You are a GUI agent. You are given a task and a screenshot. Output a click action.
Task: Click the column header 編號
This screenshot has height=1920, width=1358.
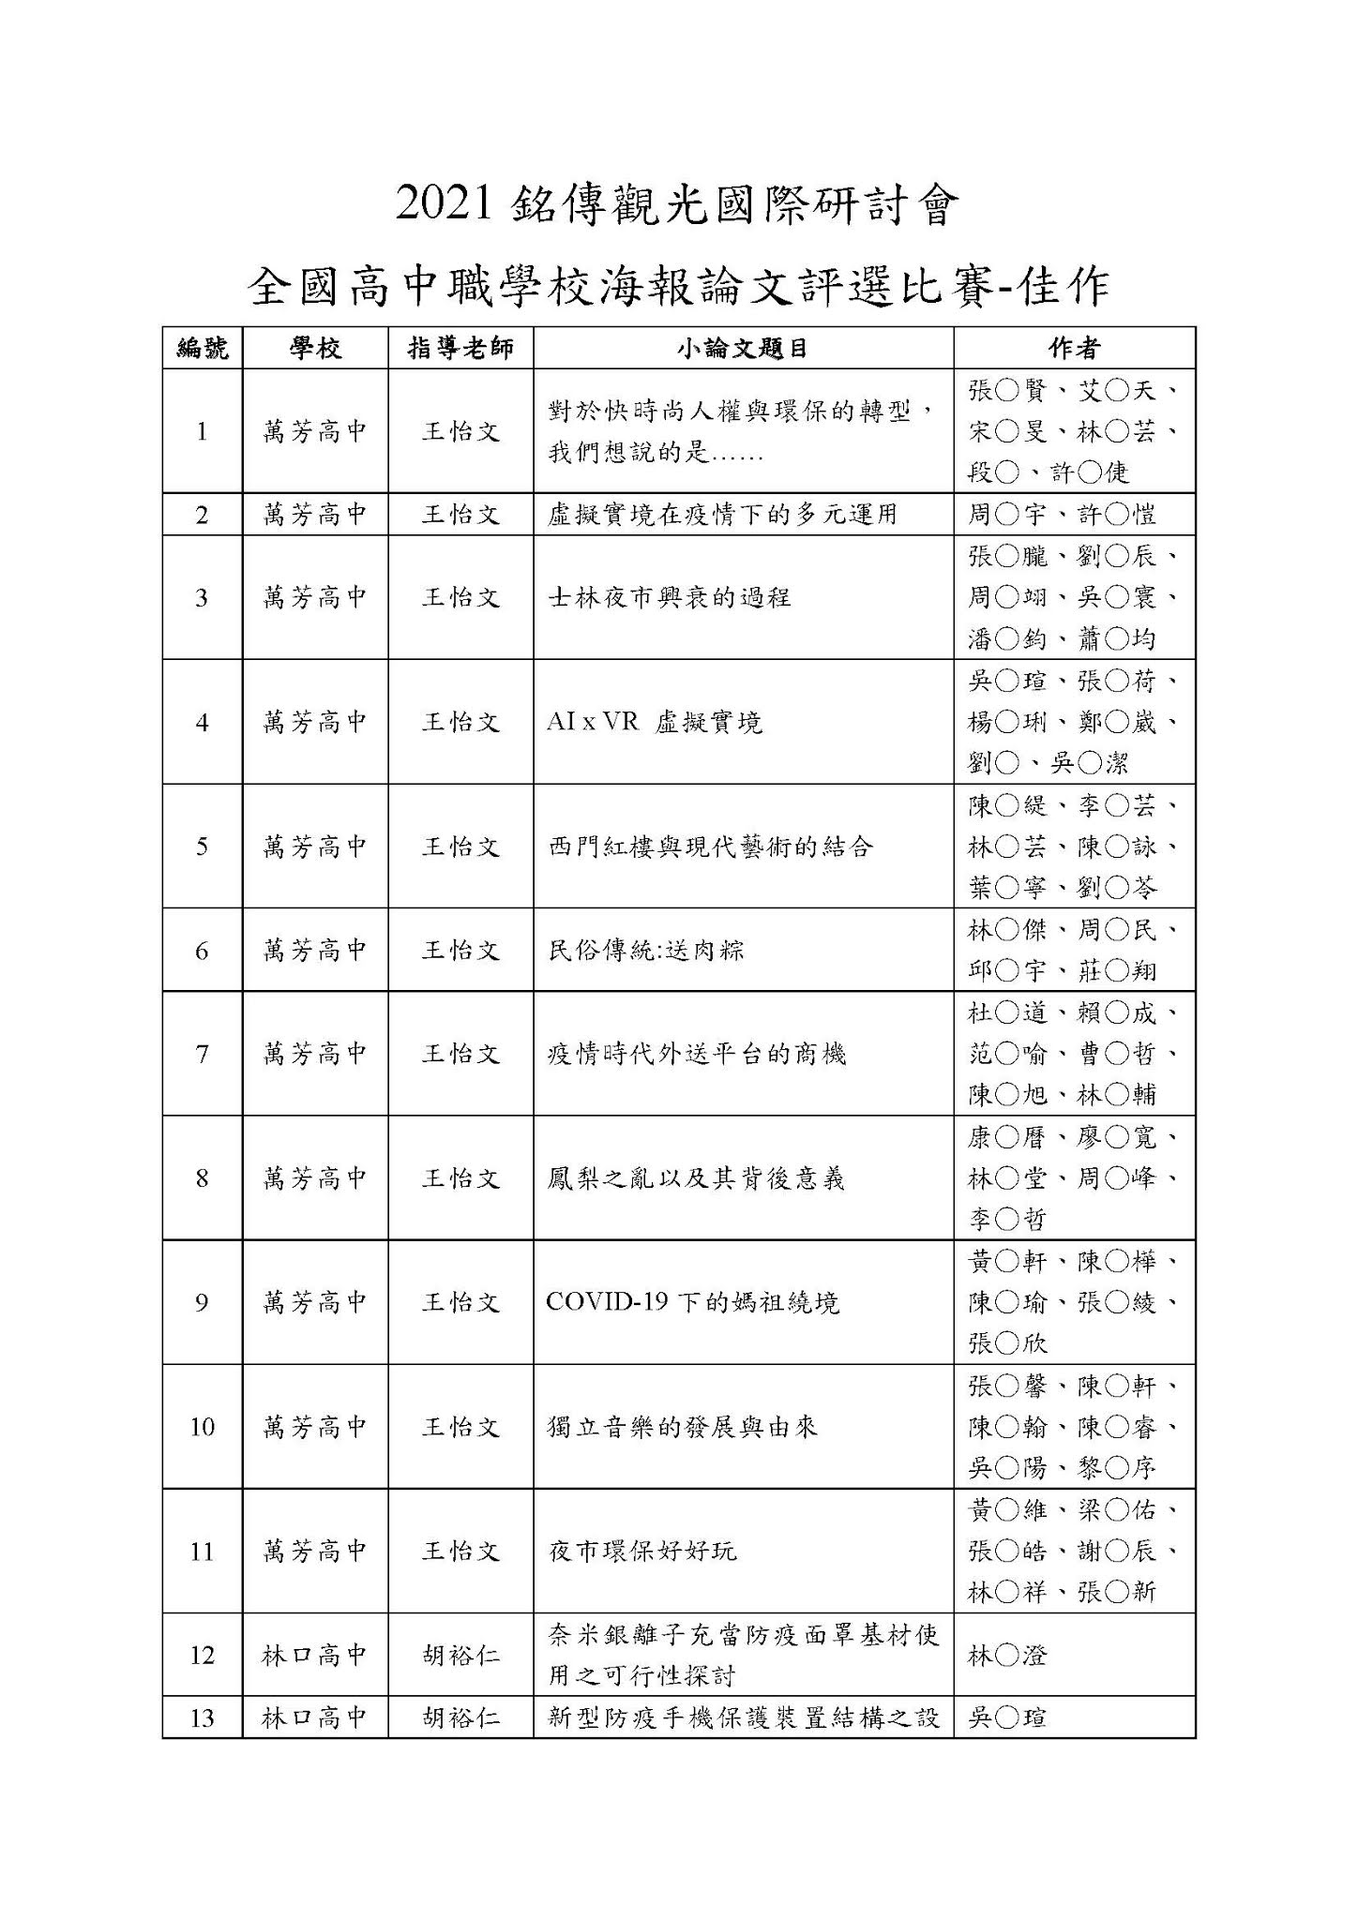[202, 349]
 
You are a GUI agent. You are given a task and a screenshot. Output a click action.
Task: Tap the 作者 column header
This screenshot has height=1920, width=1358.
[1074, 349]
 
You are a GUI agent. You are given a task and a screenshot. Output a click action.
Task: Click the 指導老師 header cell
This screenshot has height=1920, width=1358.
[460, 349]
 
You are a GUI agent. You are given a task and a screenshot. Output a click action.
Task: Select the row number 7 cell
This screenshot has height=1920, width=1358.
[202, 1054]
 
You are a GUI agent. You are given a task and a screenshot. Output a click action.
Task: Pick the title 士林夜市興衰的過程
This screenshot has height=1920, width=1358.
[669, 597]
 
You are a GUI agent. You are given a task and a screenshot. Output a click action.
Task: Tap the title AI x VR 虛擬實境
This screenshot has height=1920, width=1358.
[654, 722]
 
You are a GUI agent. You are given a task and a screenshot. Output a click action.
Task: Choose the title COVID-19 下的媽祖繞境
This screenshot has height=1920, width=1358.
[692, 1302]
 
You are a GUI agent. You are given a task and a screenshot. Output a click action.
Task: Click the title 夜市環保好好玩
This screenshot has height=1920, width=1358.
[642, 1551]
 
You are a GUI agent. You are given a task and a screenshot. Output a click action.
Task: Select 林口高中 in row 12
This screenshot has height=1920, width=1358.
[314, 1655]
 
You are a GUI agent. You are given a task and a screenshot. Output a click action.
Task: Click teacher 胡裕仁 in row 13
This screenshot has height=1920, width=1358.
[460, 1717]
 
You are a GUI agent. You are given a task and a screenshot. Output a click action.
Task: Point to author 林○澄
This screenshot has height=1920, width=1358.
[1007, 1656]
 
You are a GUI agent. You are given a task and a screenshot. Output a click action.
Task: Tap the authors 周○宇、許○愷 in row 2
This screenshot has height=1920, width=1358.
[1062, 515]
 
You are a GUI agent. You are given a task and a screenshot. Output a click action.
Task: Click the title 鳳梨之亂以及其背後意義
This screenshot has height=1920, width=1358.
[696, 1178]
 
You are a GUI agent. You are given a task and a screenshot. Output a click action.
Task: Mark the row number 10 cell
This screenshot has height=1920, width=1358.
[202, 1427]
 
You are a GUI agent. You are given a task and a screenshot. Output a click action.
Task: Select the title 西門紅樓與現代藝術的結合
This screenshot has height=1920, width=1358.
[710, 847]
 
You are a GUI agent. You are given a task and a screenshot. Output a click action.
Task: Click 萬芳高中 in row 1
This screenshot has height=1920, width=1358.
[314, 431]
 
